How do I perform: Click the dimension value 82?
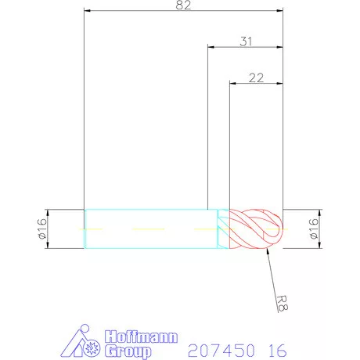click(x=184, y=5)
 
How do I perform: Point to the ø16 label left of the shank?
click(x=42, y=229)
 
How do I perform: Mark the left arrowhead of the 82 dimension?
click(x=88, y=12)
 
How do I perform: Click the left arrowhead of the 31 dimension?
click(x=211, y=47)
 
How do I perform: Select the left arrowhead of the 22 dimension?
click(x=232, y=81)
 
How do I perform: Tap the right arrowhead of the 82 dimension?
click(x=279, y=12)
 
